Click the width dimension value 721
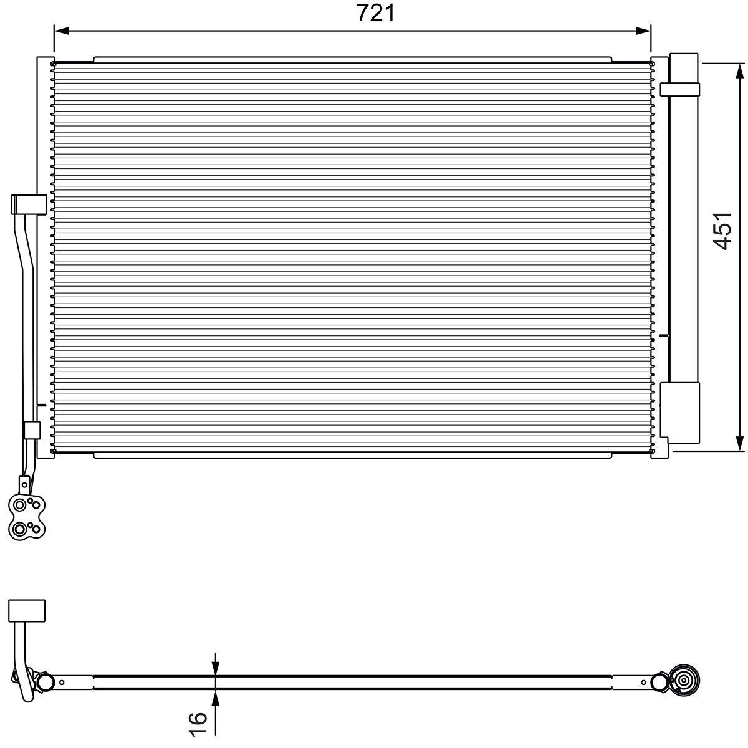pyautogui.click(x=376, y=12)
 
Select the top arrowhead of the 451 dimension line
pyautogui.click(x=739, y=70)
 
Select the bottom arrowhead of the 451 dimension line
pyautogui.click(x=739, y=442)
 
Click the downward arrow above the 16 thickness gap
pyautogui.click(x=216, y=668)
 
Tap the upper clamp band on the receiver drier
pyautogui.click(x=681, y=89)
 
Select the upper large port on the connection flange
pyautogui.click(x=21, y=504)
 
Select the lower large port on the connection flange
pyautogui.click(x=21, y=529)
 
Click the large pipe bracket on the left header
pyautogui.click(x=29, y=204)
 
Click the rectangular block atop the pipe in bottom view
pyautogui.click(x=27, y=610)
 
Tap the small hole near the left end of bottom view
pyautogui.click(x=63, y=683)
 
